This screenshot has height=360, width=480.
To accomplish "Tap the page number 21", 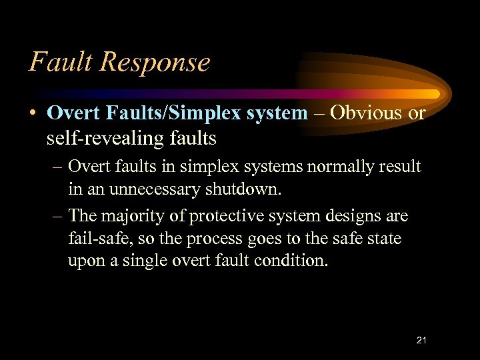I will click(421, 341).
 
